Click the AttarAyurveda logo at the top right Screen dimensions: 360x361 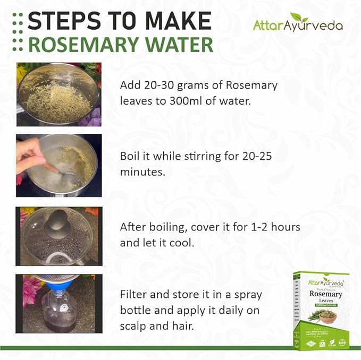click(x=297, y=24)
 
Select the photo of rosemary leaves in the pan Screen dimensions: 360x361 click(x=58, y=94)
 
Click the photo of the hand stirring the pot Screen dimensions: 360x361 click(x=58, y=165)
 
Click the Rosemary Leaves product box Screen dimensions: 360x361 click(x=321, y=310)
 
